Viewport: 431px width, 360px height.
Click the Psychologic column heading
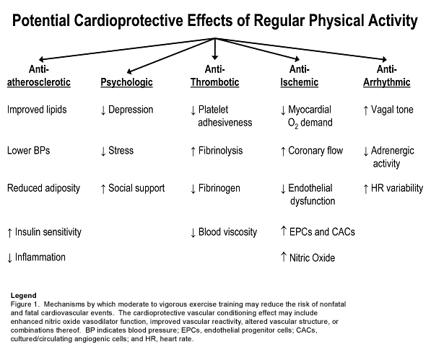click(x=126, y=82)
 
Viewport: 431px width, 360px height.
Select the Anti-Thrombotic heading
click(x=215, y=76)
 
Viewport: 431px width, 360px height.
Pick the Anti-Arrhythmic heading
click(x=386, y=76)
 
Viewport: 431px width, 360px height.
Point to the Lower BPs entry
click(x=29, y=151)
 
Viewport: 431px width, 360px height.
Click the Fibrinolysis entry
click(x=219, y=151)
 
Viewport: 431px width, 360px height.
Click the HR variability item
click(x=394, y=188)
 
